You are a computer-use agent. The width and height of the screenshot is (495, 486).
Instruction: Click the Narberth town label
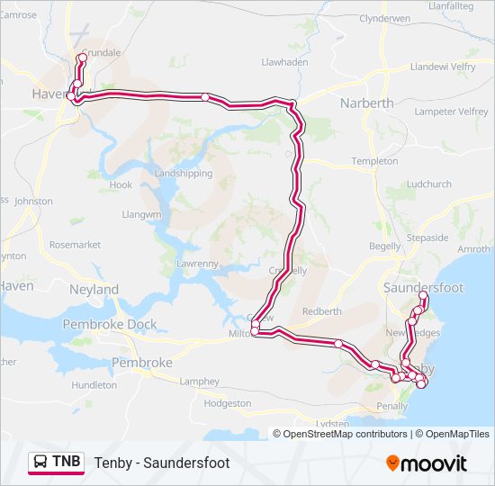pyautogui.click(x=366, y=103)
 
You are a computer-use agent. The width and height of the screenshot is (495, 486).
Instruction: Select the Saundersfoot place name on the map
pyautogui.click(x=423, y=287)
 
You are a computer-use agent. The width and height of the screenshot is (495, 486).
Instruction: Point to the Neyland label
pyautogui.click(x=94, y=290)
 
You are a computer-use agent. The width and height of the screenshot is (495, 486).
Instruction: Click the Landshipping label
pyautogui.click(x=184, y=174)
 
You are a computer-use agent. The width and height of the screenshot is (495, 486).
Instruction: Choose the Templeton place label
pyautogui.click(x=374, y=161)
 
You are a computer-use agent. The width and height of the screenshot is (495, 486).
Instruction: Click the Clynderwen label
pyautogui.click(x=384, y=18)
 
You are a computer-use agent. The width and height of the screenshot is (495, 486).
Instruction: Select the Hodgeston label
pyautogui.click(x=228, y=403)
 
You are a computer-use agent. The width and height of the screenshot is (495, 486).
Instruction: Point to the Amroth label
pyautogui.click(x=474, y=249)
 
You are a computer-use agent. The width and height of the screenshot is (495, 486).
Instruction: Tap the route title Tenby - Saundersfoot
pyautogui.click(x=162, y=463)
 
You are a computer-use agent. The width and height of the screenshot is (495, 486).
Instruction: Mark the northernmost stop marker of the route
pyautogui.click(x=82, y=58)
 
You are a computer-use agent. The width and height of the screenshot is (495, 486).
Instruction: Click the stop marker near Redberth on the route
pyautogui.click(x=337, y=343)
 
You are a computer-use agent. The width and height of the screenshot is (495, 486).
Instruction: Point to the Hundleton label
pyautogui.click(x=94, y=384)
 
